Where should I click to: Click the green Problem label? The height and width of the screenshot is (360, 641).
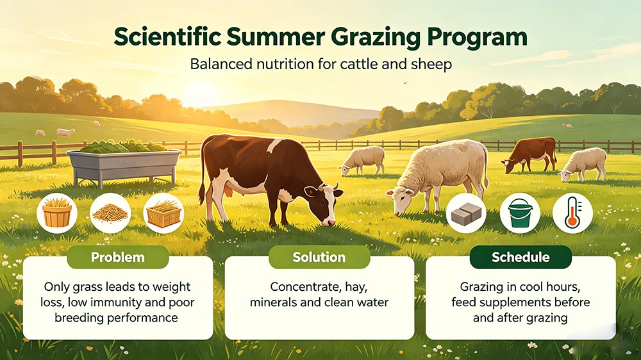[x=118, y=257]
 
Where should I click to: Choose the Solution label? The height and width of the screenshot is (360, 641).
[x=319, y=257]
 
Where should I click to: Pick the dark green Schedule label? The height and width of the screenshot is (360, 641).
[x=520, y=257]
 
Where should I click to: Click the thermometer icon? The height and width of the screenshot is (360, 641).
[x=572, y=213]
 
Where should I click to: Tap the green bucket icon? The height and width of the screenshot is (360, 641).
[x=520, y=213]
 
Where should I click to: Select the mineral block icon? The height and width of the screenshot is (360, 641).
[x=466, y=213]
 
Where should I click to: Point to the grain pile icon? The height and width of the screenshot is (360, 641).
[x=110, y=213]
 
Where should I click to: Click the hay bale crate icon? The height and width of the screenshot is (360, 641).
[x=163, y=213]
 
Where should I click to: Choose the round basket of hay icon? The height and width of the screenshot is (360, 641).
[x=57, y=213]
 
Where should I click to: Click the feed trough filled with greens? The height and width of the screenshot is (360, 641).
[x=124, y=163]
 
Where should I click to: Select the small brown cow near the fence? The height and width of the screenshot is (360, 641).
[x=530, y=155]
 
